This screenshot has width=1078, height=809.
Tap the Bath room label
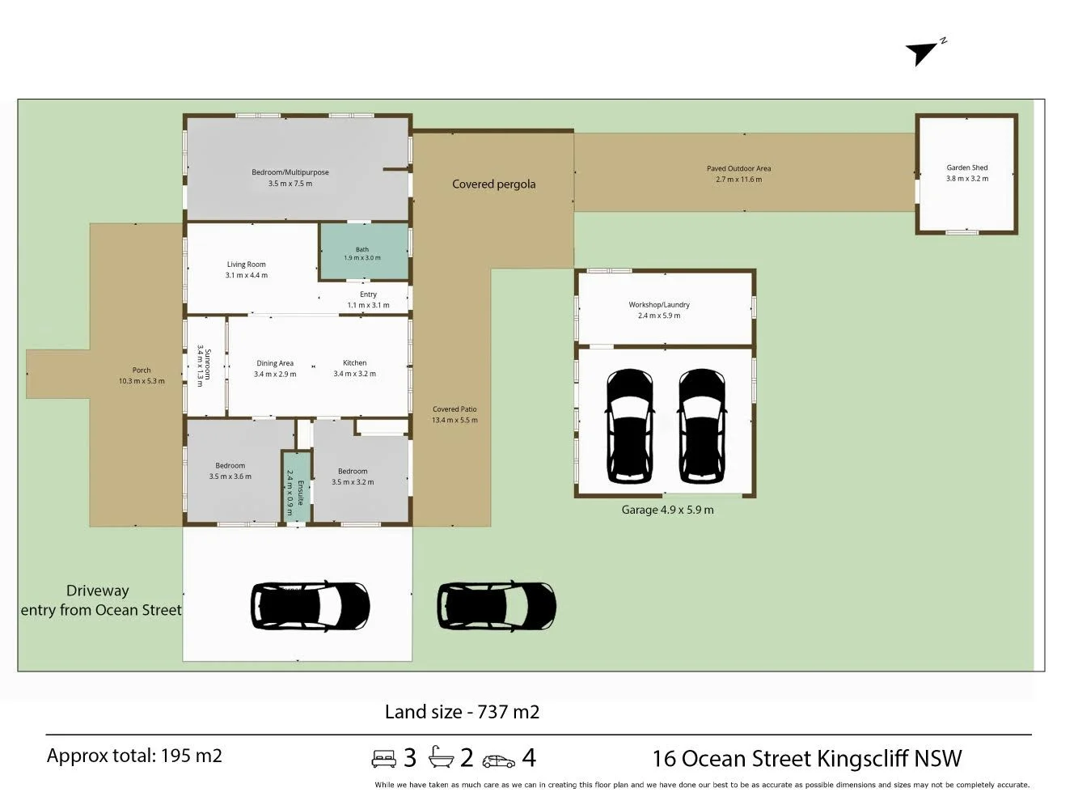click(362, 249)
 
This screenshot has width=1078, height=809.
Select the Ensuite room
click(296, 486)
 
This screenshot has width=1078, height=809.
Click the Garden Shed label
click(966, 167)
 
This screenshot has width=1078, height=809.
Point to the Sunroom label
click(208, 364)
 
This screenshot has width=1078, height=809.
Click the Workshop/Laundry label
click(658, 304)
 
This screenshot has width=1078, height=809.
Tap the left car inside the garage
click(630, 426)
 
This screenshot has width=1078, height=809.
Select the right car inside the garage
click(702, 426)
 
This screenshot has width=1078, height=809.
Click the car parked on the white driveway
click(311, 606)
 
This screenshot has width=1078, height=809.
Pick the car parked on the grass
click(497, 606)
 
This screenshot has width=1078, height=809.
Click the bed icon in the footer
click(383, 758)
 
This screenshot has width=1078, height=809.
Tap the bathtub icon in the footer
click(441, 756)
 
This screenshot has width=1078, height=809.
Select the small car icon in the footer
click(498, 760)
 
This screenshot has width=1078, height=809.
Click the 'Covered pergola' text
click(493, 184)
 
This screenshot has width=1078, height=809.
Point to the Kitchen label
click(354, 362)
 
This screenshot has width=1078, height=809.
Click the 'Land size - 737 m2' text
click(462, 712)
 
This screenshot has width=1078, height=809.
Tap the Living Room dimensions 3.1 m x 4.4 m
click(246, 275)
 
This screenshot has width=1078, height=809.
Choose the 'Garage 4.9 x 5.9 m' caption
click(667, 510)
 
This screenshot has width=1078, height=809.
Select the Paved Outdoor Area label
click(738, 168)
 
